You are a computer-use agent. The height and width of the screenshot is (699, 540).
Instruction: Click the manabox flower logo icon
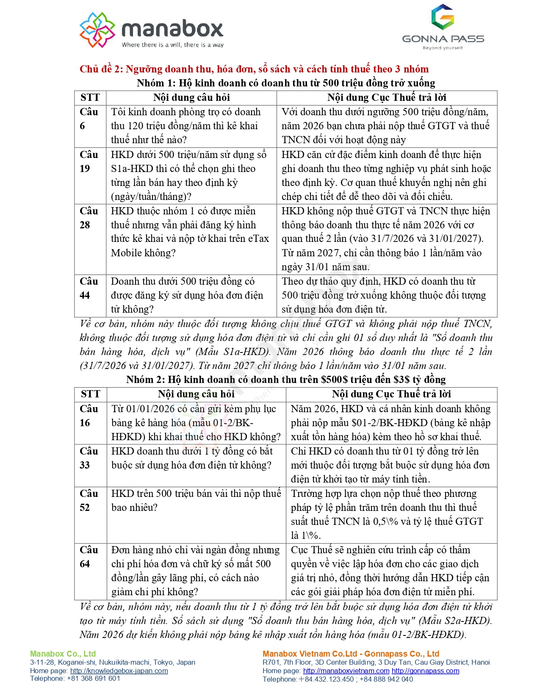(97, 30)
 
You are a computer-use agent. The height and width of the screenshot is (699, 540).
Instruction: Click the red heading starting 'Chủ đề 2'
(254, 69)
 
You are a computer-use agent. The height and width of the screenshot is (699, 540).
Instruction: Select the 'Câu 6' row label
(89, 119)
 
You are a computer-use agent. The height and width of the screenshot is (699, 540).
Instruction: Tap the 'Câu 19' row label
(89, 161)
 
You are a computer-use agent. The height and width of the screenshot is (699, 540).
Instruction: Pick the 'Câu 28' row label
(89, 218)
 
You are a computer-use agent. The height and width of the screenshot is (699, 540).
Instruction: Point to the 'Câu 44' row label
(89, 288)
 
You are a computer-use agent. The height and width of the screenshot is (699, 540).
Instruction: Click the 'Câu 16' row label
(89, 416)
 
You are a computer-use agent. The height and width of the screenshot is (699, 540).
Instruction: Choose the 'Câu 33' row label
(89, 458)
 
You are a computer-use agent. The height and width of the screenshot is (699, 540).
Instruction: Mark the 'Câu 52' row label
(89, 500)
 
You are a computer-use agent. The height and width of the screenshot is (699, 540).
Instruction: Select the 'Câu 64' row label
(89, 557)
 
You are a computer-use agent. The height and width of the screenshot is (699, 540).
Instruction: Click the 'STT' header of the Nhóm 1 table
(90, 97)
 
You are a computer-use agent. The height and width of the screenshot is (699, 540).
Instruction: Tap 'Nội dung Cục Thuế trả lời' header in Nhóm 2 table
(391, 394)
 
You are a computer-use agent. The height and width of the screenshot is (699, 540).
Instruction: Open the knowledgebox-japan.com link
(119, 671)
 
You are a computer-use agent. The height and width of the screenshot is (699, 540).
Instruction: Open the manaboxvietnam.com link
(346, 671)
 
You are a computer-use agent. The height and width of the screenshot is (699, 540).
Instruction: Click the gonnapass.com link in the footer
(425, 671)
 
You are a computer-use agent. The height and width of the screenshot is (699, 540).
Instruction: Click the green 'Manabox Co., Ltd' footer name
(63, 654)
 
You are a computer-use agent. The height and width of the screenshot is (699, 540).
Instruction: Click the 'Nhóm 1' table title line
(285, 83)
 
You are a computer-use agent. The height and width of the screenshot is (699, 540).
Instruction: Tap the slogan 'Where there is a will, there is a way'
(173, 45)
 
